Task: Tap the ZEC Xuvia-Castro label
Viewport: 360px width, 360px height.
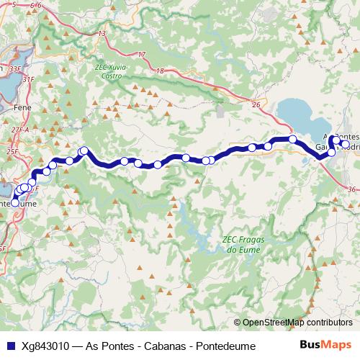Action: click(x=111, y=71)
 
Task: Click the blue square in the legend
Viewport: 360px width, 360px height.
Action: click(x=9, y=346)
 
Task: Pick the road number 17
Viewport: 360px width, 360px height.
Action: click(x=141, y=55)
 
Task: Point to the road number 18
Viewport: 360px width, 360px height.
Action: click(x=160, y=71)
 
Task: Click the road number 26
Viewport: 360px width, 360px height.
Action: click(x=256, y=105)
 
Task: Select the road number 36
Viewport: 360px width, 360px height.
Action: click(x=351, y=189)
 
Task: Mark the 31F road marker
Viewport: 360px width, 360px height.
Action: click(x=29, y=79)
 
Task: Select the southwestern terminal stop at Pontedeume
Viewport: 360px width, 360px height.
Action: click(x=14, y=203)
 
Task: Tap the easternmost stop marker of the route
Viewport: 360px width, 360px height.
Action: click(x=345, y=145)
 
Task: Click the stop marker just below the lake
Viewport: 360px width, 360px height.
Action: click(x=293, y=139)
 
